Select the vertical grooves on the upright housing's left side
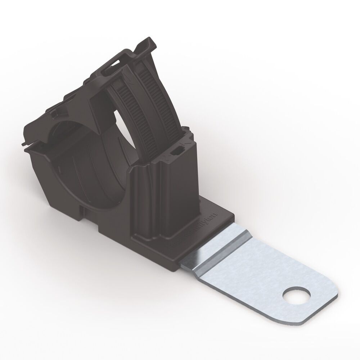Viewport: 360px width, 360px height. coord(142,202)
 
